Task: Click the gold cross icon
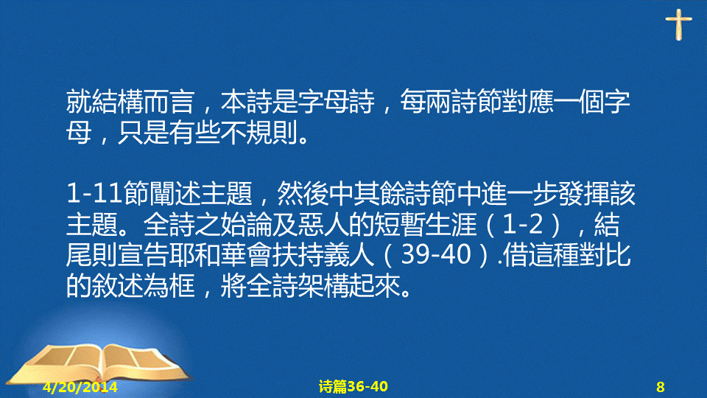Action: [x=678, y=25]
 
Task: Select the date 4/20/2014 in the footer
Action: [x=80, y=387]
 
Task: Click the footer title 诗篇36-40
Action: [x=353, y=386]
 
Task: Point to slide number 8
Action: [x=660, y=387]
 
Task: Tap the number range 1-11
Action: [x=94, y=193]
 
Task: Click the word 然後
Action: [x=302, y=193]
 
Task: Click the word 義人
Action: [x=348, y=255]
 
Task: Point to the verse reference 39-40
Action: [x=435, y=255]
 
